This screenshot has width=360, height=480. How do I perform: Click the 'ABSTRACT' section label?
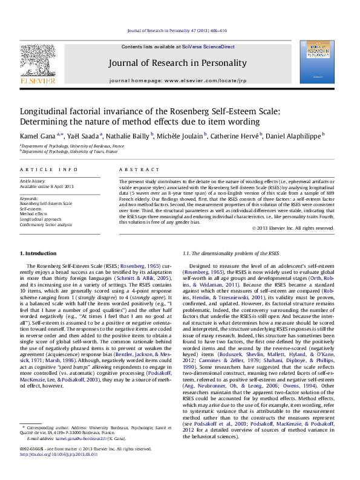click(x=136, y=171)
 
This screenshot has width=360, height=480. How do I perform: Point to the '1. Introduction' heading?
click(x=39, y=253)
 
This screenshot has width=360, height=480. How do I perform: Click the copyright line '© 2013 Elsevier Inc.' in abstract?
click(x=293, y=228)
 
